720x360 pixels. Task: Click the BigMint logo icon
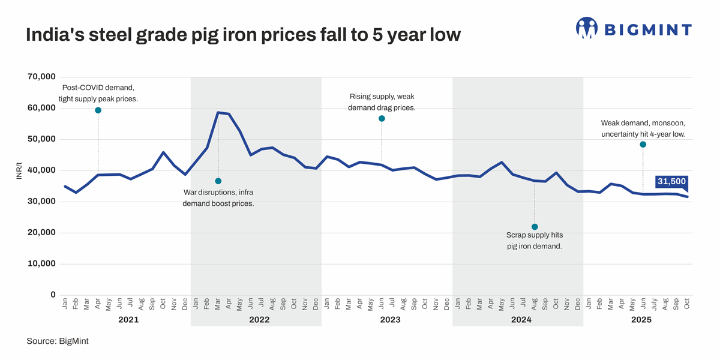click(587, 28)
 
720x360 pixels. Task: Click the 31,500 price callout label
click(671, 182)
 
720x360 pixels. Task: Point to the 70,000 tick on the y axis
click(41, 77)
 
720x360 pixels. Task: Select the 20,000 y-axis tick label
click(41, 233)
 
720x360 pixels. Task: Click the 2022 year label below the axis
click(259, 320)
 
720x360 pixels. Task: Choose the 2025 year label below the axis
click(641, 320)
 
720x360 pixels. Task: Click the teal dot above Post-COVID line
click(98, 110)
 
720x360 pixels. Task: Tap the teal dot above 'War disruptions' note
click(218, 181)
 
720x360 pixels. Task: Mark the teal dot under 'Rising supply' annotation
click(382, 119)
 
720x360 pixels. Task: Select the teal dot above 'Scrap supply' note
click(535, 227)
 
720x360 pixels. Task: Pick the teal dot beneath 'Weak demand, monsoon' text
click(643, 145)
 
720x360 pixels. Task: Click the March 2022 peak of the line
click(218, 113)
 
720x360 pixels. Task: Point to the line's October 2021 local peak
click(164, 152)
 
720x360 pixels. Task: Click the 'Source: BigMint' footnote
click(58, 341)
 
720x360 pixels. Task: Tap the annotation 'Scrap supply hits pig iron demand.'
click(534, 241)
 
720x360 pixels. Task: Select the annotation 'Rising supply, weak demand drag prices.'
click(382, 102)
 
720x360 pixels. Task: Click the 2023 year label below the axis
click(390, 320)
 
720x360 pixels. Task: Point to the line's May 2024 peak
click(502, 163)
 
